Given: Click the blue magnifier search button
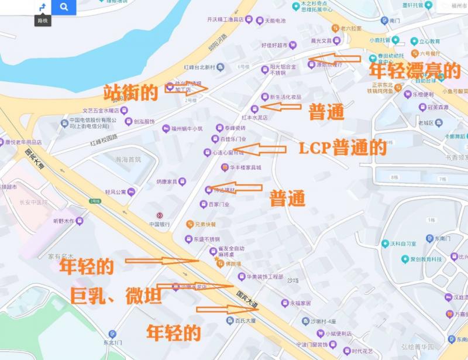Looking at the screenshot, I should click(x=64, y=7).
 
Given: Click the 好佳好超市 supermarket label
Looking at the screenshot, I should click(x=276, y=44).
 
